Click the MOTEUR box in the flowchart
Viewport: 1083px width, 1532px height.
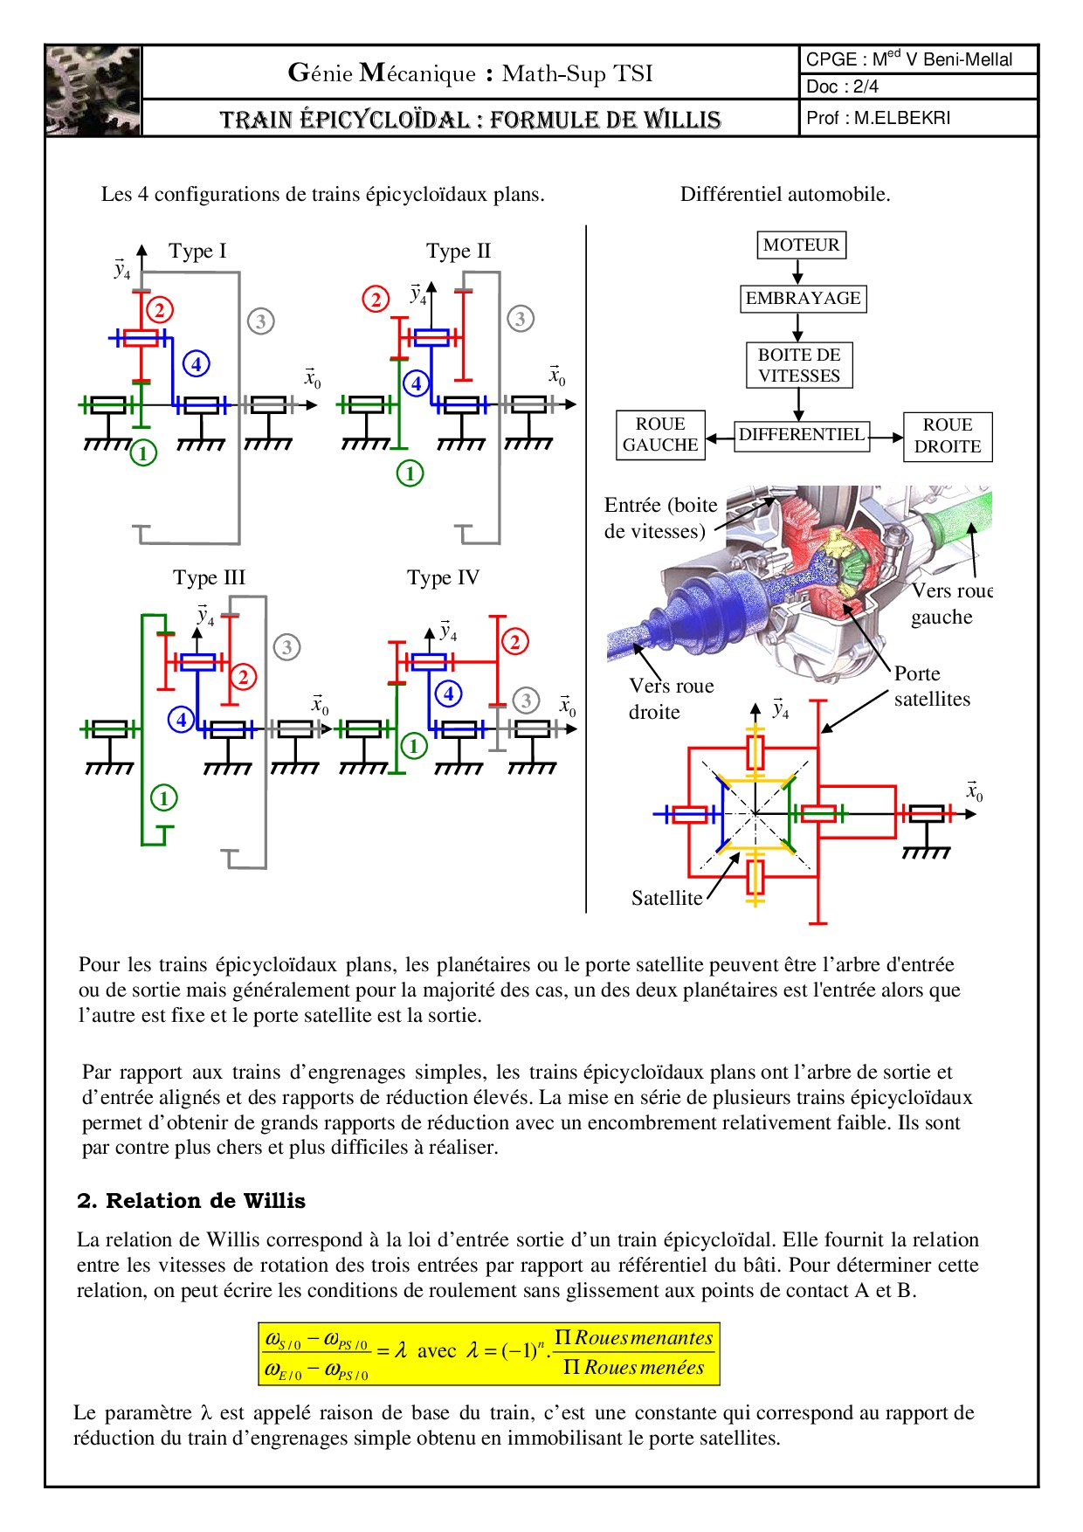801,245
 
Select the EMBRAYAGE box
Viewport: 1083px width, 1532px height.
803,299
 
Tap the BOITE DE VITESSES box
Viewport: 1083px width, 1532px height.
799,365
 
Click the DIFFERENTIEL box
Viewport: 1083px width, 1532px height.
802,434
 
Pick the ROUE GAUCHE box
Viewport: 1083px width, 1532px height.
660,435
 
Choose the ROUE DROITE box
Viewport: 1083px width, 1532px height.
948,435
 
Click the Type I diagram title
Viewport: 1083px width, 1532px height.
197,252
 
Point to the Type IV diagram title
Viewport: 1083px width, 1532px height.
443,577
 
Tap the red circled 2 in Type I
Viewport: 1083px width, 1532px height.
159,309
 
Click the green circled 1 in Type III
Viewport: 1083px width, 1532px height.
163,797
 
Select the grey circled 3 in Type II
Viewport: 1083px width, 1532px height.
521,319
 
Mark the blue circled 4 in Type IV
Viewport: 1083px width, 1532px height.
448,694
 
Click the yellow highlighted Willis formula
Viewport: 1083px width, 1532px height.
489,1353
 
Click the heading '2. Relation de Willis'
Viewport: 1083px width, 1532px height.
191,1201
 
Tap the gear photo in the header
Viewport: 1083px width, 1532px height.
93,91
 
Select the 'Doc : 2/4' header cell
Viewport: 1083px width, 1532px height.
917,86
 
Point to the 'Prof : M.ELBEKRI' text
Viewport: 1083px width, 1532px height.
879,118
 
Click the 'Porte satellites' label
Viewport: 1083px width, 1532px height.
931,687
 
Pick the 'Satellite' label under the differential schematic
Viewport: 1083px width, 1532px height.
666,898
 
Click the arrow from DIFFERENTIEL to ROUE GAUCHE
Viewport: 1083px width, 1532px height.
719,438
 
